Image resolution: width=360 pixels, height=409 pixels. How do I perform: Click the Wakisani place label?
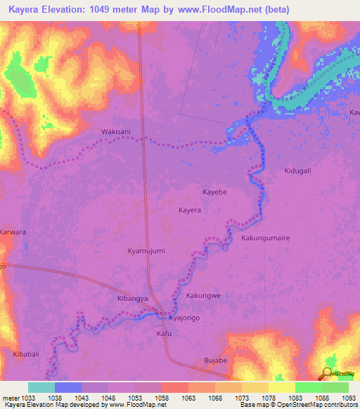116,131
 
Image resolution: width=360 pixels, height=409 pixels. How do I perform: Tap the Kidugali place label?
297,171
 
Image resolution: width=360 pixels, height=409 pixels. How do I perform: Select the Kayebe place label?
215,192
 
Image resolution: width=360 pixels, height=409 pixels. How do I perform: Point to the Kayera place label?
189,210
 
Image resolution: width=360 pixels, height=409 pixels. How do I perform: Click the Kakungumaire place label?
266,238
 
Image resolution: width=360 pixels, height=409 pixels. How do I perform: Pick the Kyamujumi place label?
146,251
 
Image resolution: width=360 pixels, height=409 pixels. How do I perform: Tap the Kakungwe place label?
203,296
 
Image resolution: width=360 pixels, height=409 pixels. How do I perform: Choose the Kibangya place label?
132,299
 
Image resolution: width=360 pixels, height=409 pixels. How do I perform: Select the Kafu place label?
164,334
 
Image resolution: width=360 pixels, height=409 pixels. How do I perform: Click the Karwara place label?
13,231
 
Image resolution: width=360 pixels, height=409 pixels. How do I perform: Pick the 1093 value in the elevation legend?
349,397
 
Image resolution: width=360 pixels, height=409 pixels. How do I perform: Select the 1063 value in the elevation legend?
188,397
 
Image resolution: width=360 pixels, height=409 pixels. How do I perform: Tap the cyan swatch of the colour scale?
41,387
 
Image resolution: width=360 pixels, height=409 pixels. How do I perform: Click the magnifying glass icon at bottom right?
327,373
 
